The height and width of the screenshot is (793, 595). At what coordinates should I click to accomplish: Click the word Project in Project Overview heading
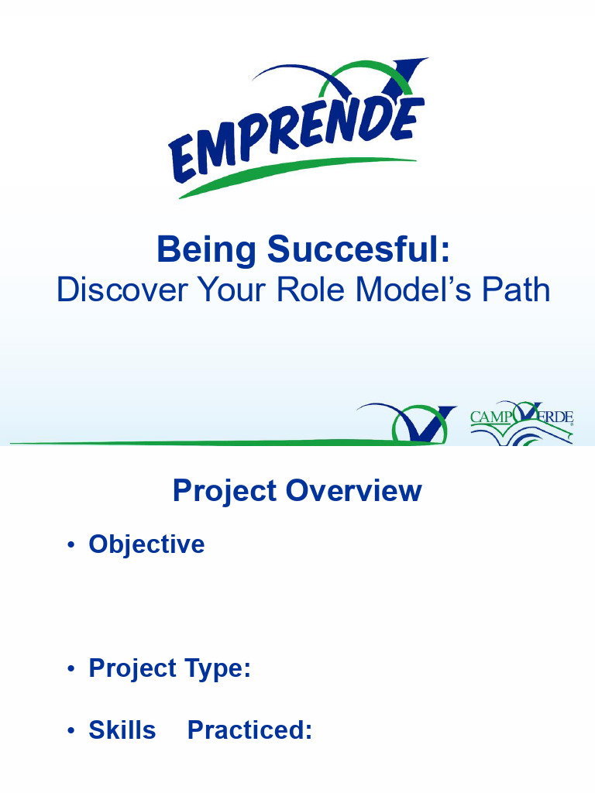tap(225, 491)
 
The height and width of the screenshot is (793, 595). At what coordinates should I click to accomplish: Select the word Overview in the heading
tap(353, 491)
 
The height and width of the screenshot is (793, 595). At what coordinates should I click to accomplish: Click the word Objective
tap(146, 544)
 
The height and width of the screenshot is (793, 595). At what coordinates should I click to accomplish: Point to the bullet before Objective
tap(71, 545)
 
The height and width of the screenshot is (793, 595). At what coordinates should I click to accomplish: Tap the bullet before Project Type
tap(71, 668)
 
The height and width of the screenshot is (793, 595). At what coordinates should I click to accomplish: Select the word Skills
tap(122, 730)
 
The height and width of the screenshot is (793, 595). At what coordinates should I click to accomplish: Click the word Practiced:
tap(249, 730)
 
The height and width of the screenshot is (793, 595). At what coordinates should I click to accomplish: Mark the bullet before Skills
tap(71, 731)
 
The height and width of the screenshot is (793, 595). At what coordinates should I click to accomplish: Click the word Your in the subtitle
tap(230, 290)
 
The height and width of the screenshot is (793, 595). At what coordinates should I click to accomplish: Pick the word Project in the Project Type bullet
tap(132, 668)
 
